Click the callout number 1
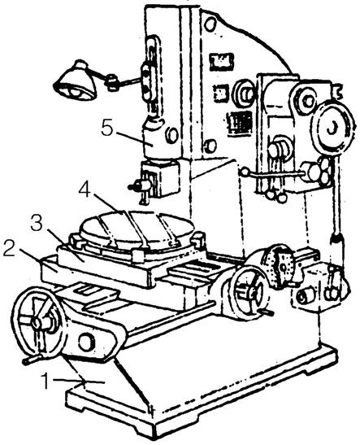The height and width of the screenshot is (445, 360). (x=46, y=381)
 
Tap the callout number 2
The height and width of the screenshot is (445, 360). (x=10, y=248)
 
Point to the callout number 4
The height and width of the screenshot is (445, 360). (x=85, y=190)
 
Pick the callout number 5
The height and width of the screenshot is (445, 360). (x=107, y=129)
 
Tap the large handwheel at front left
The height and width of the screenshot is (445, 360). (x=39, y=323)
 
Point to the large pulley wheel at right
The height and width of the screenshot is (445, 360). (x=334, y=129)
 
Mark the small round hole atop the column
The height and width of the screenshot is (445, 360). (x=209, y=24)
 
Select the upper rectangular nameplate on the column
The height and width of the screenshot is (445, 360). (x=222, y=62)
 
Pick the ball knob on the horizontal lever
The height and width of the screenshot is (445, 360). (x=245, y=172)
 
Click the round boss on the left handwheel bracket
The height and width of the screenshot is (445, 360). (x=86, y=342)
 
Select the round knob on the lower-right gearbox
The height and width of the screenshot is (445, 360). (x=304, y=296)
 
